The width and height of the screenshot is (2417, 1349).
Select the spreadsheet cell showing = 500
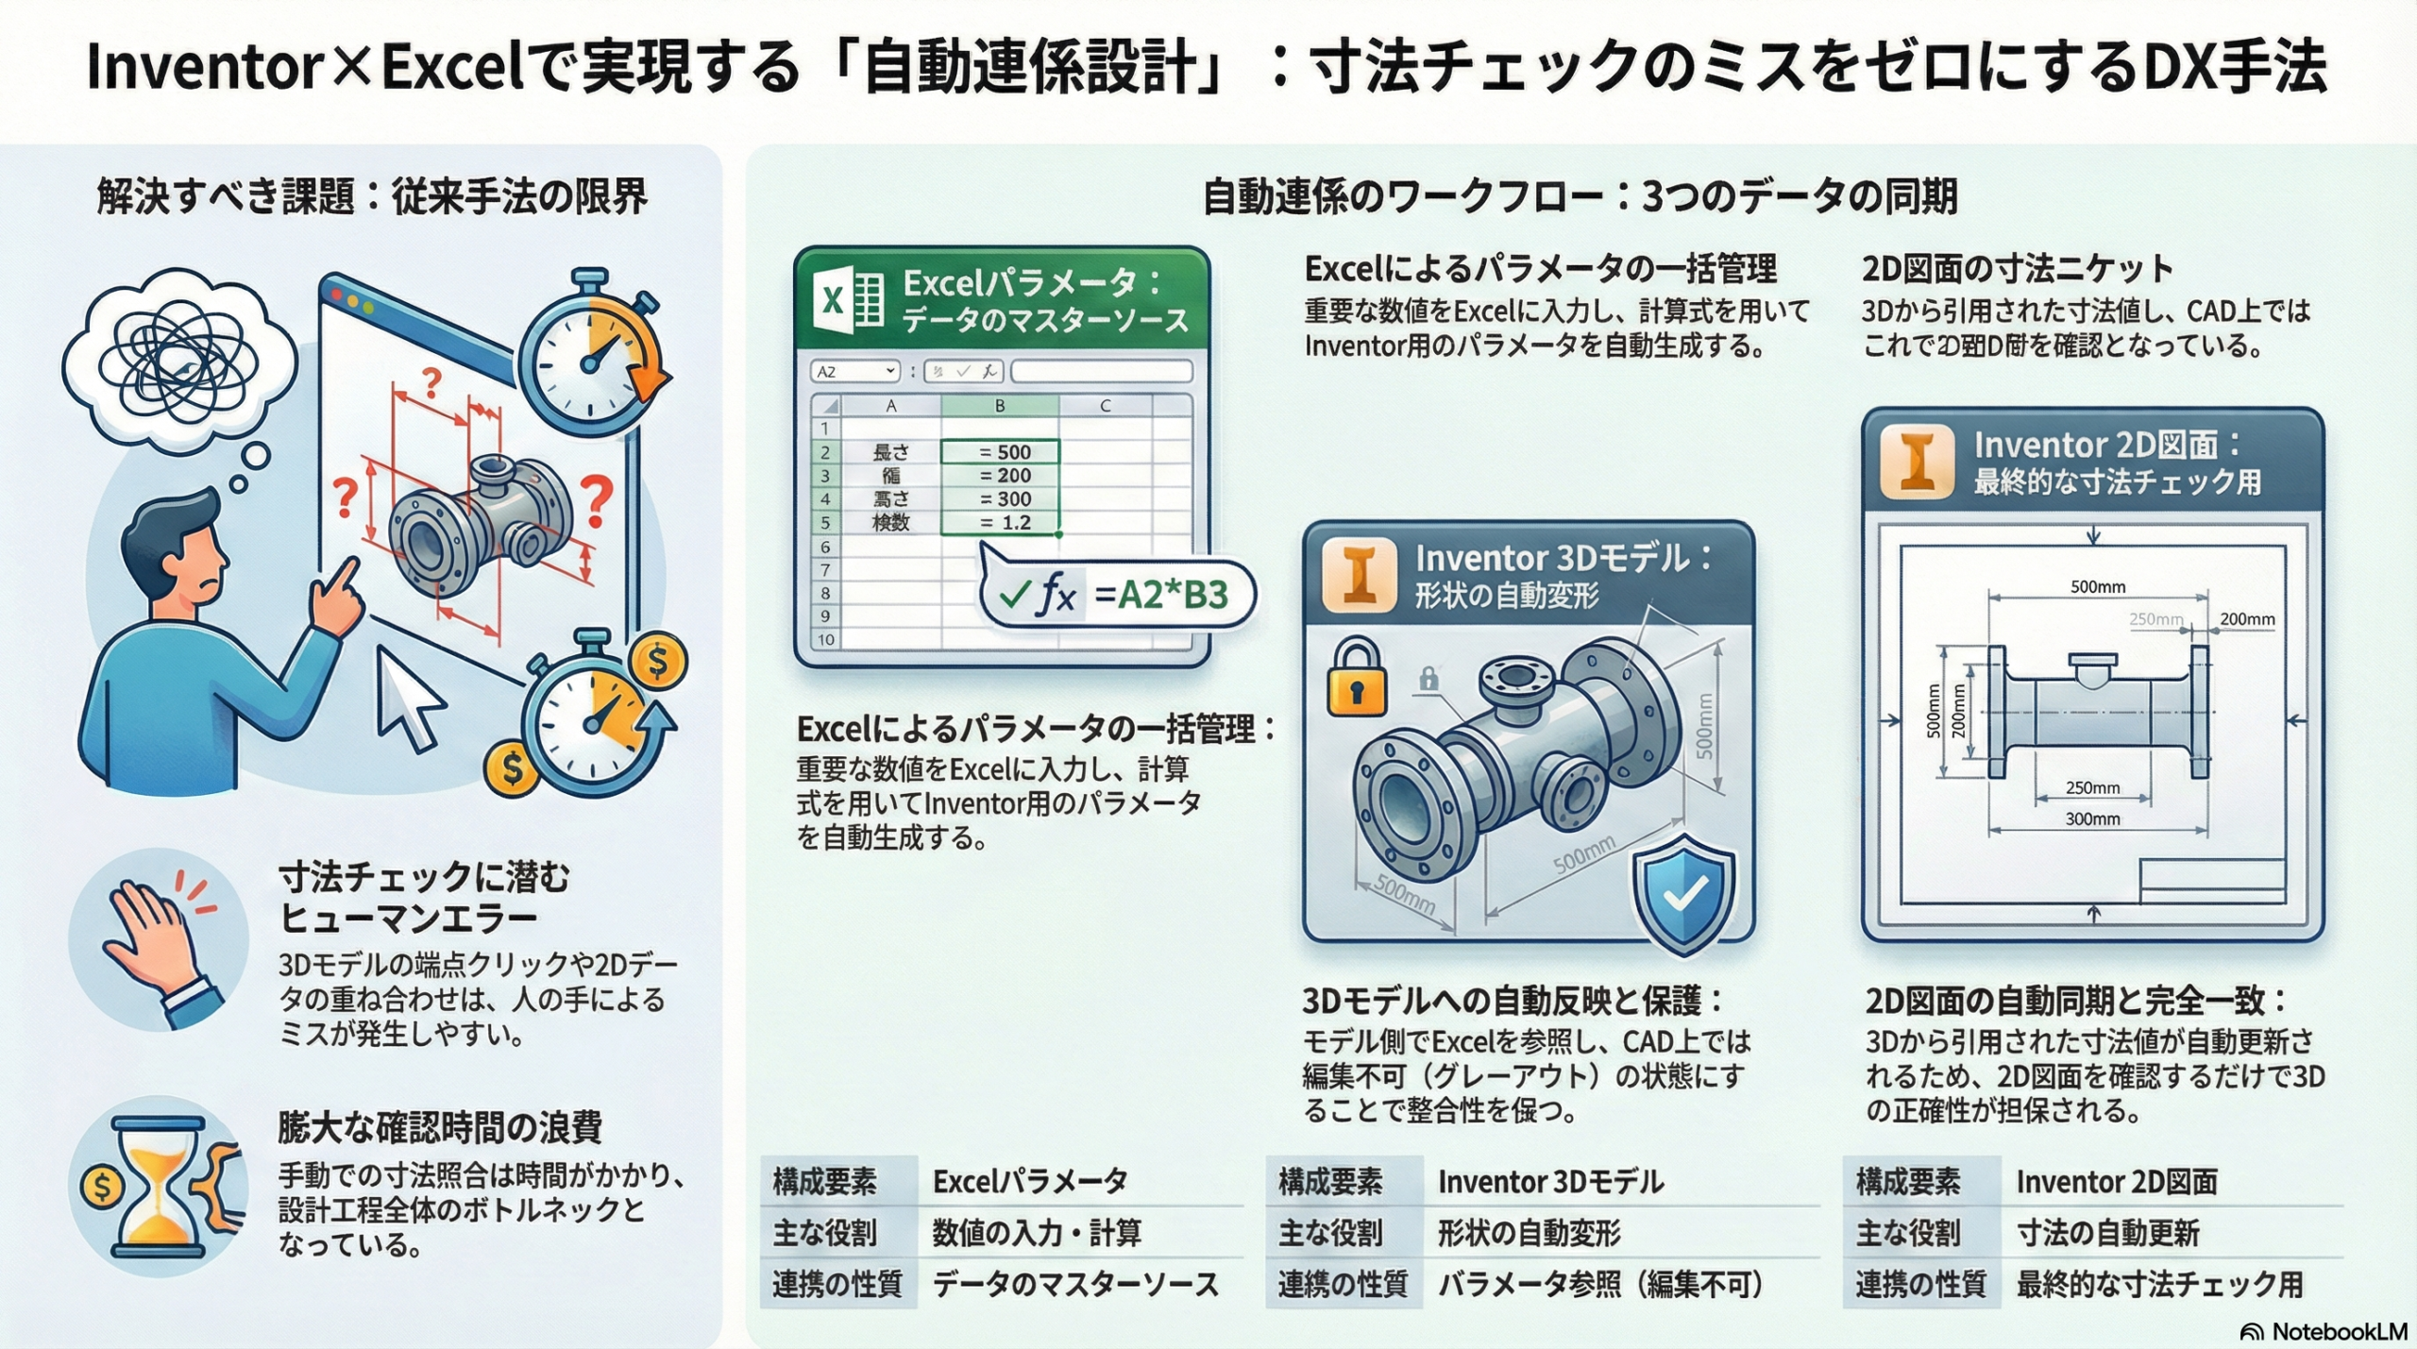point(1001,452)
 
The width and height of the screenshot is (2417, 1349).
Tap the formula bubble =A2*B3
point(1119,595)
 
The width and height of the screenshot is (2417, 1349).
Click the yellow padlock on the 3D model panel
point(1356,678)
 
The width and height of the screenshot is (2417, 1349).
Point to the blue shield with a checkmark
point(1684,893)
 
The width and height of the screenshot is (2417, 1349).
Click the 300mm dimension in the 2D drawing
point(2092,819)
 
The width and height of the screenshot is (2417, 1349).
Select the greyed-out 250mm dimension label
point(2155,619)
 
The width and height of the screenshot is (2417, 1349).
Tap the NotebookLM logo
point(2324,1331)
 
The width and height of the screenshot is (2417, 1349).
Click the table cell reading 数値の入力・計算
point(1037,1233)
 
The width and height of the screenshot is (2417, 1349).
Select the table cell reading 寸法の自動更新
point(2107,1233)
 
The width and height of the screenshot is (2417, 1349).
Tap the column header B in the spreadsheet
point(1000,406)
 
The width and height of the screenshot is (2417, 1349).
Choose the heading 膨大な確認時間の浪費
point(440,1127)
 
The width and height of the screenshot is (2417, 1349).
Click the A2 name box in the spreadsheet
point(854,372)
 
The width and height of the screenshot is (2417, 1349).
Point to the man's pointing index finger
point(345,571)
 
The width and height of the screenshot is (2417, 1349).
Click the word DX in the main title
point(2191,68)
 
